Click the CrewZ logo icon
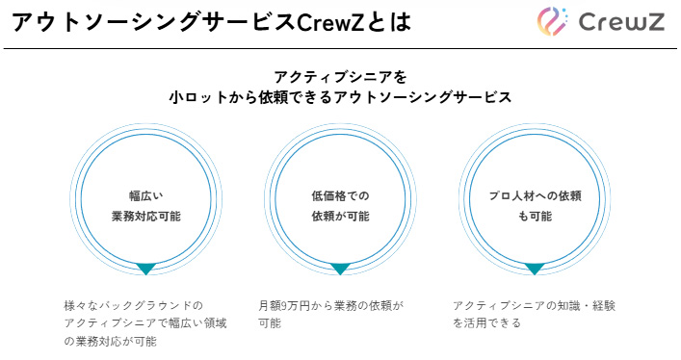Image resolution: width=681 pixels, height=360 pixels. coord(556,22)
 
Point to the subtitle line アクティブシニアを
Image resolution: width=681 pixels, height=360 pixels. coord(340,76)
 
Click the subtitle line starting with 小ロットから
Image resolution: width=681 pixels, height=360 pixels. coord(340,97)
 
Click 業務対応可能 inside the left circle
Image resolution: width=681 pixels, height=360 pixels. coord(146,217)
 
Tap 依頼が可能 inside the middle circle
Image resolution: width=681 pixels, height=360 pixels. coord(340,217)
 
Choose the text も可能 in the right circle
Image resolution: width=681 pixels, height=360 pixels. coord(534,217)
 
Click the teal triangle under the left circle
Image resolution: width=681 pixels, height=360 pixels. coord(145,269)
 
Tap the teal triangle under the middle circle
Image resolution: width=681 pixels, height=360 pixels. coord(340,269)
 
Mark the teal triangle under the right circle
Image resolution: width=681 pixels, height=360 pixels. coord(534,269)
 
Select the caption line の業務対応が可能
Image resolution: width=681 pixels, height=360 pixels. coord(110,341)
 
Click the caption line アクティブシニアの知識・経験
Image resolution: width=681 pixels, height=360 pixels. coord(534,305)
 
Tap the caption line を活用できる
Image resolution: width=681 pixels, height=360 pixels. coord(486,323)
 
